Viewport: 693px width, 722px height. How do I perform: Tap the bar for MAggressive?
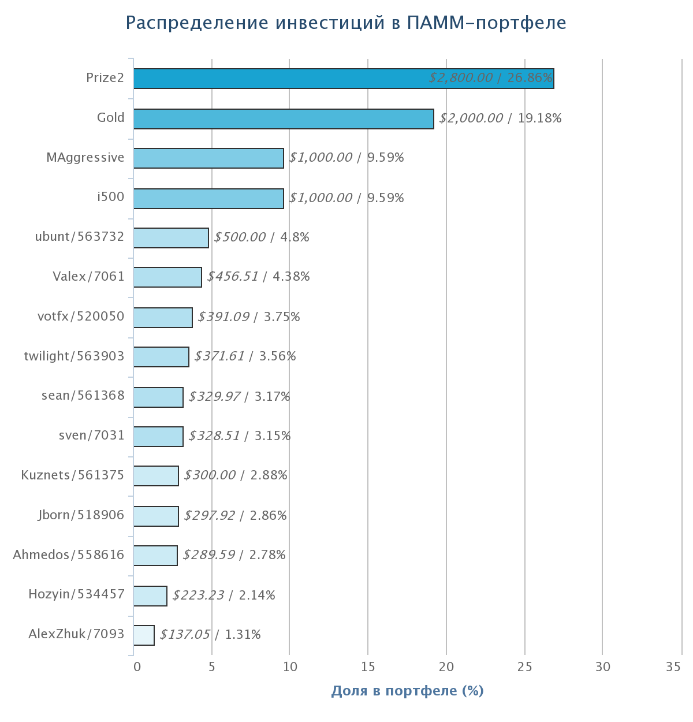(x=208, y=158)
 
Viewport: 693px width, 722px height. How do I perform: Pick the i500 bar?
(x=208, y=199)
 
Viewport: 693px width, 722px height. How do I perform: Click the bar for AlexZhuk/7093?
(x=144, y=635)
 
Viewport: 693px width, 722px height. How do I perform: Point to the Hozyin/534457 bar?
(x=150, y=596)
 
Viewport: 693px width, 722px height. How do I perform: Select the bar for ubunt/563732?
(x=171, y=238)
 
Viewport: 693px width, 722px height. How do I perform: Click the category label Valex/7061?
(x=88, y=277)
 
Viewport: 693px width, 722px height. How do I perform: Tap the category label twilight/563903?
(x=74, y=356)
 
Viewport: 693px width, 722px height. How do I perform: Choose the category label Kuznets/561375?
(x=72, y=475)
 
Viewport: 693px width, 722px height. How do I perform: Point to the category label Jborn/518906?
(x=81, y=515)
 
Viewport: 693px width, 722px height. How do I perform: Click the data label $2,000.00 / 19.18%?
(x=500, y=118)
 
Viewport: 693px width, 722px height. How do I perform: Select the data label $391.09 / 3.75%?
(x=249, y=317)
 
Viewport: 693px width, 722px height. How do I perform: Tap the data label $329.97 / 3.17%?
(x=239, y=397)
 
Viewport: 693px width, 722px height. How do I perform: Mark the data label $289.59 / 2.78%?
(x=234, y=555)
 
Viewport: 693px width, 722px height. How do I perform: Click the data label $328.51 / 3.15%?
(x=239, y=436)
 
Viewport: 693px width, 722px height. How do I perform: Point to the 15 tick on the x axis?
(x=368, y=667)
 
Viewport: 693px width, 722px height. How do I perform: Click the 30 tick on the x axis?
(x=602, y=667)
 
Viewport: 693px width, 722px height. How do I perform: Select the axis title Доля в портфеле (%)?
(x=407, y=691)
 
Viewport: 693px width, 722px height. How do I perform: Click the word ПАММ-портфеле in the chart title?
(x=486, y=23)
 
